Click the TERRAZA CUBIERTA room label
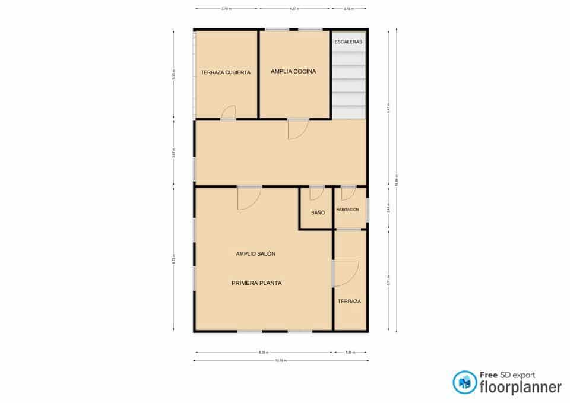tap(226, 72)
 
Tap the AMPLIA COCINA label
tap(293, 71)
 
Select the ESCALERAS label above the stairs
tap(349, 42)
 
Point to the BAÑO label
tap(318, 212)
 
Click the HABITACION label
tap(348, 210)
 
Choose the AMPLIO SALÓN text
tap(255, 253)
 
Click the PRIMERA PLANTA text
tap(256, 283)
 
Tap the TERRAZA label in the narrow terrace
tap(349, 302)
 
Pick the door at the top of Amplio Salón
tap(249, 198)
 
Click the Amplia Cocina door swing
tap(297, 129)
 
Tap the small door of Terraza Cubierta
tap(229, 113)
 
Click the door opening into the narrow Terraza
tap(346, 274)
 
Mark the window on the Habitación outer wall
tap(368, 210)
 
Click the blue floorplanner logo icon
tap(464, 382)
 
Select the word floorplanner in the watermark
tap(520, 388)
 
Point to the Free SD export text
tap(507, 375)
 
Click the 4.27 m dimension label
tap(294, 9)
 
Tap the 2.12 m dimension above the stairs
tap(348, 9)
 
